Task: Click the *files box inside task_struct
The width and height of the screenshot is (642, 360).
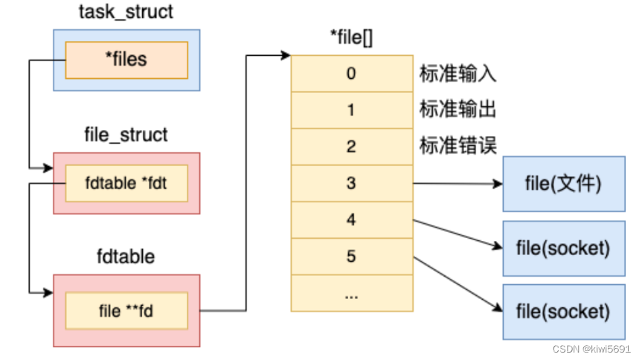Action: coord(126,60)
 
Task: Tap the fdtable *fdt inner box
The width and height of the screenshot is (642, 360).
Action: coord(126,183)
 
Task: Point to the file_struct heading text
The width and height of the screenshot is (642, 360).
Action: coord(126,135)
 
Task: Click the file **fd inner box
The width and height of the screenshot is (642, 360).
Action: coord(126,310)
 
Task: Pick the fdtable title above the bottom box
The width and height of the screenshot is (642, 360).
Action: coord(126,257)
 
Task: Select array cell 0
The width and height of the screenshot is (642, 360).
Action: coord(350,74)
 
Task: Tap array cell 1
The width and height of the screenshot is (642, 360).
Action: coord(350,110)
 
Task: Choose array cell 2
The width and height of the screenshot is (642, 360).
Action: coord(350,147)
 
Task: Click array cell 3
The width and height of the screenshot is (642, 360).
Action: coord(350,183)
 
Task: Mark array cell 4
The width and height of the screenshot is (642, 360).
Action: coord(350,219)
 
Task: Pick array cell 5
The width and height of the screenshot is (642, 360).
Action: coord(350,256)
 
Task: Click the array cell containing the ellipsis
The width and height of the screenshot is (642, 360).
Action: coord(350,293)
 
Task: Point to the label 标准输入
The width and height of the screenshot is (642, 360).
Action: coord(458,74)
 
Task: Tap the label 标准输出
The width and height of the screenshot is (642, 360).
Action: coord(458,110)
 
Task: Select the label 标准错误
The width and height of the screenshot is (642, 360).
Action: coord(458,147)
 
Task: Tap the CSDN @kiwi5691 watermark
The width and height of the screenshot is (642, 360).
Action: coord(591,349)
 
